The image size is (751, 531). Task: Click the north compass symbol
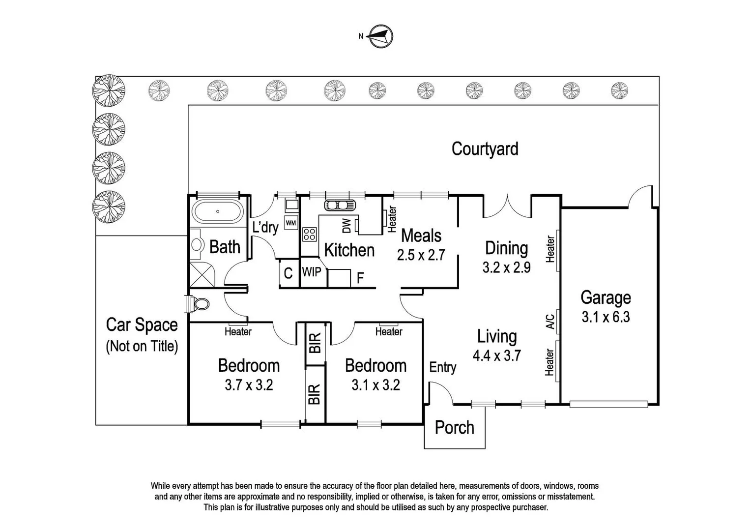click(381, 36)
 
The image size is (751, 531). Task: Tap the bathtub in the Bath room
click(217, 212)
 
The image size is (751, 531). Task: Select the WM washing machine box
click(291, 223)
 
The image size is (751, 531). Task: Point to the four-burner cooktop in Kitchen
click(309, 234)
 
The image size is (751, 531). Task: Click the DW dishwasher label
click(347, 226)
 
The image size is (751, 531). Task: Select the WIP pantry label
click(311, 271)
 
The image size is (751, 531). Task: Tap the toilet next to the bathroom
click(199, 304)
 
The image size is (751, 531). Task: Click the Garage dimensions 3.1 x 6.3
click(606, 317)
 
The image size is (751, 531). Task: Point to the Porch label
click(455, 428)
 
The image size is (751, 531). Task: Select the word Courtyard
click(485, 148)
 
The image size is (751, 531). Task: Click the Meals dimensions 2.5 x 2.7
click(421, 255)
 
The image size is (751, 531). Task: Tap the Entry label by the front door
click(442, 367)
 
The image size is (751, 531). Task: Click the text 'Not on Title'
click(142, 346)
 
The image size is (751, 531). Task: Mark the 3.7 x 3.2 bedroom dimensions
click(249, 385)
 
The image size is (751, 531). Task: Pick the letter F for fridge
click(360, 278)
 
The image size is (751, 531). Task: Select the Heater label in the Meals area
click(392, 219)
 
